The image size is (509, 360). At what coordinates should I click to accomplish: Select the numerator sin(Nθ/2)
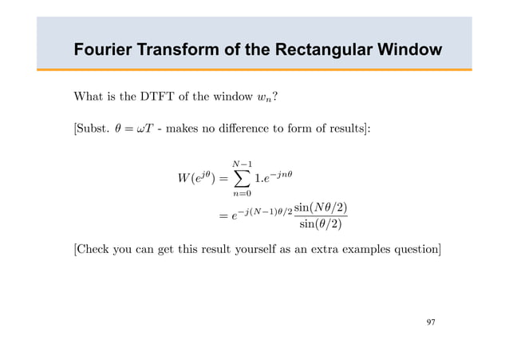[x=321, y=208]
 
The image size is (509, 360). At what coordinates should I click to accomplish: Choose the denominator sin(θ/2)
[x=321, y=224]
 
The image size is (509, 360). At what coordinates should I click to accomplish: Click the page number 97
[x=431, y=322]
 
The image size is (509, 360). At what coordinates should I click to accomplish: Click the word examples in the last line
[x=368, y=250]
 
